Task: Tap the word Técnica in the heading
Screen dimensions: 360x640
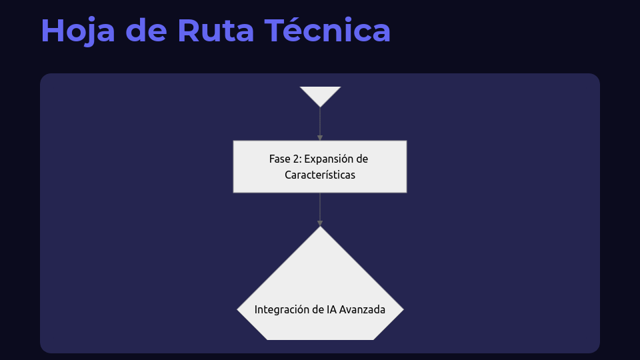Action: click(327, 31)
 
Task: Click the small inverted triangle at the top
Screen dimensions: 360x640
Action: click(320, 95)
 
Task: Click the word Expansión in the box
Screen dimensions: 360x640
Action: click(327, 159)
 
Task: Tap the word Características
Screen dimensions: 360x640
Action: click(320, 175)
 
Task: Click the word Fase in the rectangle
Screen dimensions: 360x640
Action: click(280, 159)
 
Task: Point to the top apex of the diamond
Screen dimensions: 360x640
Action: click(320, 228)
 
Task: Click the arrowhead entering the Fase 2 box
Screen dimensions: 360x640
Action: click(320, 137)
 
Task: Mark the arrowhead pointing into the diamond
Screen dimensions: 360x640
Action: click(320, 223)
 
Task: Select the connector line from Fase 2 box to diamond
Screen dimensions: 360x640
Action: click(320, 206)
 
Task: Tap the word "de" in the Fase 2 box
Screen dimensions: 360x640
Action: click(362, 159)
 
